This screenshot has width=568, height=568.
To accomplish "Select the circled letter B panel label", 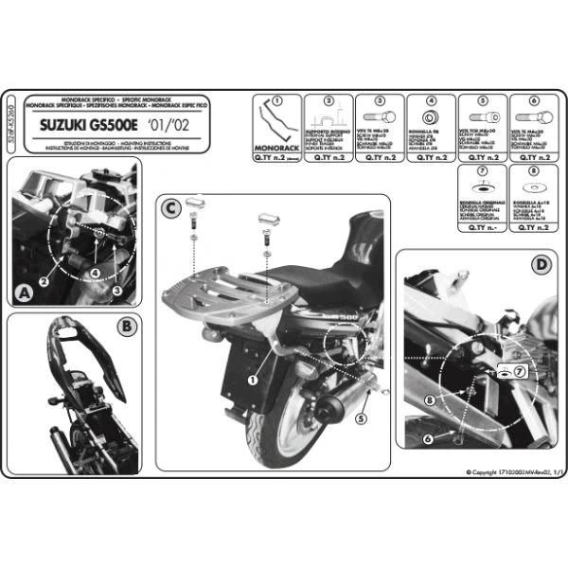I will tap(126, 328).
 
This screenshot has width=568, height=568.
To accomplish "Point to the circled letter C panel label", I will tap(169, 208).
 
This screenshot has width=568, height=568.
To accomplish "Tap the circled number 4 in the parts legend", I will tap(431, 100).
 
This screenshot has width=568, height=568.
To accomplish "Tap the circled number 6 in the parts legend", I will tap(533, 100).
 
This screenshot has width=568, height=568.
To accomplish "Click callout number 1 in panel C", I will tap(253, 379).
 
